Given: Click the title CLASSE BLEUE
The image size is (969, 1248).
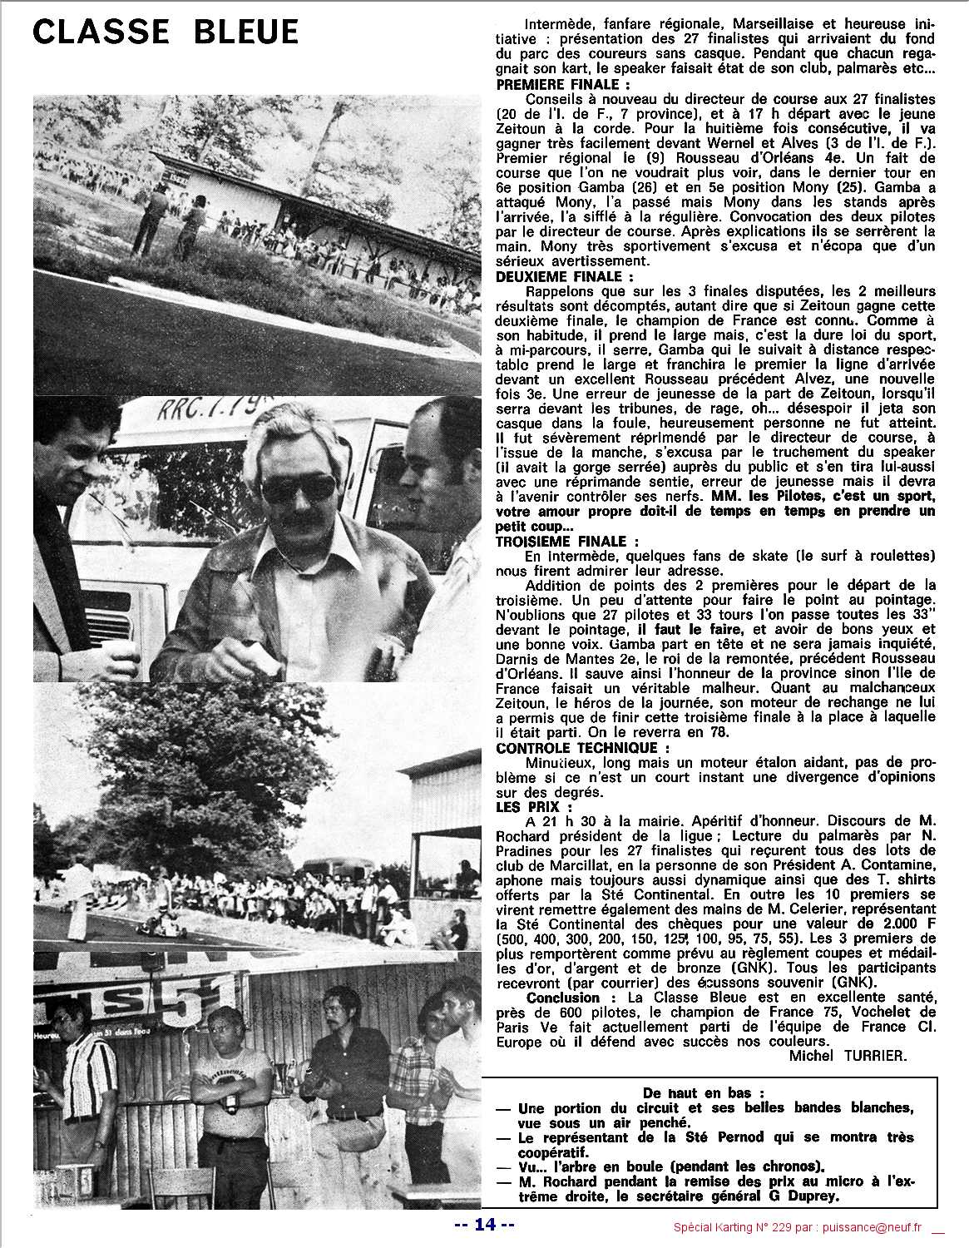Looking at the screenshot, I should (166, 32).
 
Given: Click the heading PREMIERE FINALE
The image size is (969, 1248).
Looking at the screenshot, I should (562, 84).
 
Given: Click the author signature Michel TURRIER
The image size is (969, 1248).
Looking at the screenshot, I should (843, 1055).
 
